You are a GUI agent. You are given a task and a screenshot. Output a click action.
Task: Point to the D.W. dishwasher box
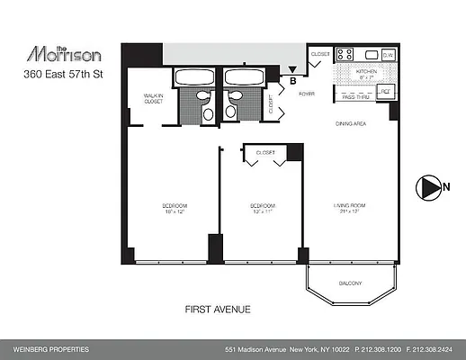pos(387,55)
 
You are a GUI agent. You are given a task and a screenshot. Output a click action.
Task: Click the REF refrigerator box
pos(385,91)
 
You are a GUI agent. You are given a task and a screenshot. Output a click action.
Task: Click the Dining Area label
pos(350,123)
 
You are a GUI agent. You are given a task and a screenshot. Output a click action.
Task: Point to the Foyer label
pos(307,92)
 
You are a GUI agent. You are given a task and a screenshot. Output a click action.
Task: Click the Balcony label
pos(351,285)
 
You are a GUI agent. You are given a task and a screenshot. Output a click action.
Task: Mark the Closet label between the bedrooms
pos(265,153)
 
